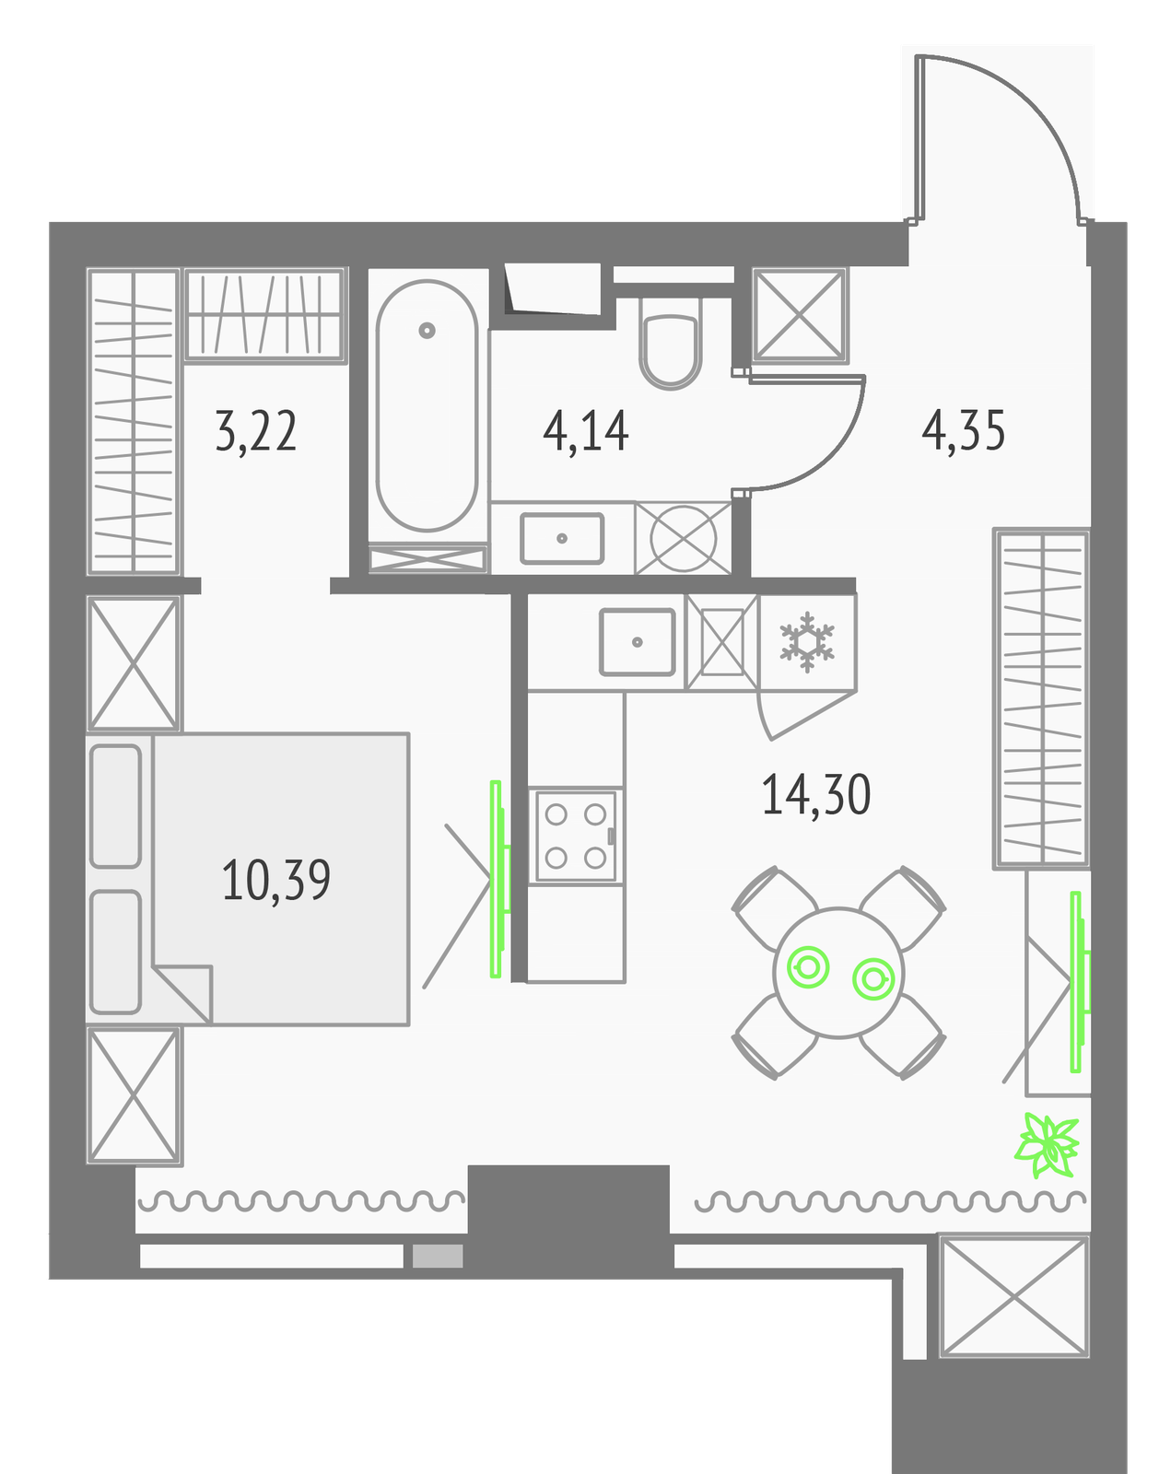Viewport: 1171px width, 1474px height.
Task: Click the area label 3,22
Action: tap(255, 431)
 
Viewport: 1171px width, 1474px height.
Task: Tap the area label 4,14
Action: tap(585, 431)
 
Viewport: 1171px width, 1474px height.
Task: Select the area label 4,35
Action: tap(963, 431)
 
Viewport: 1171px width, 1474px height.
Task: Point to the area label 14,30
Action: tap(815, 794)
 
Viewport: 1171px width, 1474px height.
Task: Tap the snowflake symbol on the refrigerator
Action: tap(807, 642)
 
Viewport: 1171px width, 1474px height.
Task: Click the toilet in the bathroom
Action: tap(670, 343)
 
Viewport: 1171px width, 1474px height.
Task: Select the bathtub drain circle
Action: tap(427, 331)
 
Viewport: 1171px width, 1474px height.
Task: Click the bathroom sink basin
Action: tap(562, 538)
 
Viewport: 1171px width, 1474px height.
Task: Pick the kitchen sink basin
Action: tap(638, 642)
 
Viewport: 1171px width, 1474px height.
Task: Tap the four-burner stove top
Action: tap(576, 836)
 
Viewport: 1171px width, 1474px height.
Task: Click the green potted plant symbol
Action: tap(1047, 1146)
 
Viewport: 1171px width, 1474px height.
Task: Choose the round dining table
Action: tap(838, 973)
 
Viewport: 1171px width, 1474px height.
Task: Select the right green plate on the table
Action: tap(873, 978)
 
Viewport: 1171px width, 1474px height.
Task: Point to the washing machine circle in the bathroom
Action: tap(683, 538)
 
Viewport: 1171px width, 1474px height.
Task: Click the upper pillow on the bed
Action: tap(116, 806)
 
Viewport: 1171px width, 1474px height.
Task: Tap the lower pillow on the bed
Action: tap(116, 952)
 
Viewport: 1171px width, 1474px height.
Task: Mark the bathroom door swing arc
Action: tap(830, 455)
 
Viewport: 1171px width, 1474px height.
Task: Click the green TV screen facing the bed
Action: tap(499, 879)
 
